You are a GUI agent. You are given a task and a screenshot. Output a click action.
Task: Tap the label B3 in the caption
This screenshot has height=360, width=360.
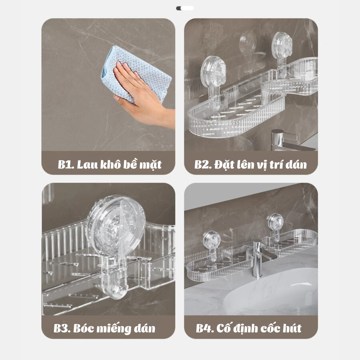62,328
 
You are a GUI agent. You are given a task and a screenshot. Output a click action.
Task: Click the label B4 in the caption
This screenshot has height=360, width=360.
204,328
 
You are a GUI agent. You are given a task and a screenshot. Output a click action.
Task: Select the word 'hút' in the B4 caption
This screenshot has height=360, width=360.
292,328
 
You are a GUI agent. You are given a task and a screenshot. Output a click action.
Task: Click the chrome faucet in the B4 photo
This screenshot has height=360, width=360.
260,257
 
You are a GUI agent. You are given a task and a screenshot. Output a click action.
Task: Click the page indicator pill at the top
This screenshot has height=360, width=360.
185,8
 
